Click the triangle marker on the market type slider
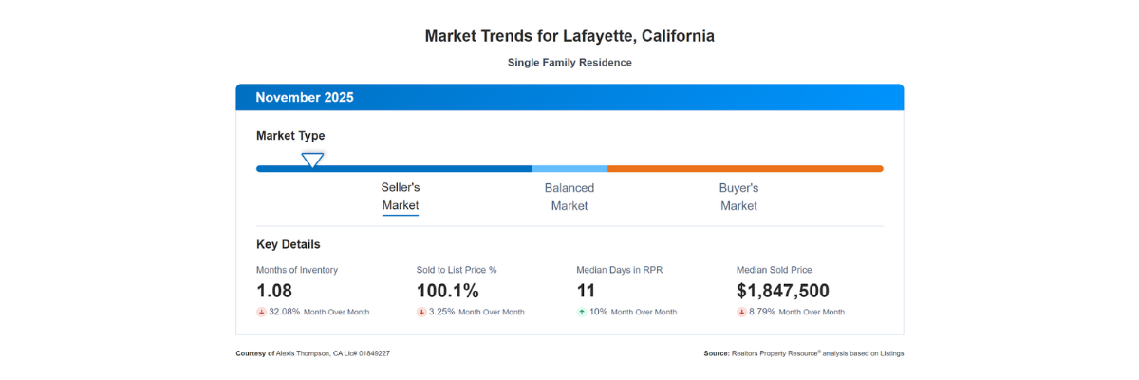click(312, 160)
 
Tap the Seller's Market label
click(401, 197)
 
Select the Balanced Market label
click(569, 197)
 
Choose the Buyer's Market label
click(738, 197)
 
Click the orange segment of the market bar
click(745, 169)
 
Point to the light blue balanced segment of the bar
click(569, 169)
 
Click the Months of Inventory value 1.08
click(274, 291)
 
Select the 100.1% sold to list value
click(448, 291)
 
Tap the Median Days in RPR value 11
click(586, 291)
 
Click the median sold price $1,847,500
click(783, 291)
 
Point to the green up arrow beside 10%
click(582, 312)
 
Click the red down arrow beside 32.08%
click(261, 312)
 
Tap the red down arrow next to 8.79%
click(742, 312)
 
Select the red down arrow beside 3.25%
click(421, 312)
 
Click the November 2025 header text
click(305, 97)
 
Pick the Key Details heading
click(289, 244)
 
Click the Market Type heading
click(290, 136)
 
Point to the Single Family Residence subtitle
click(569, 63)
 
